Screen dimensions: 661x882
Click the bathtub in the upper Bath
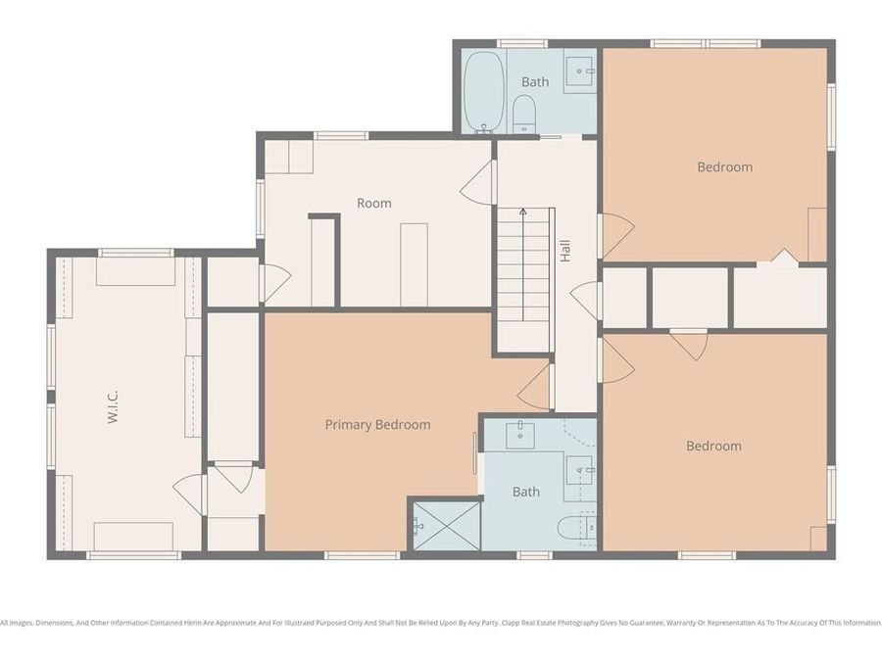click(483, 91)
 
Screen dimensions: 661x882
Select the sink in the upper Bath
click(582, 68)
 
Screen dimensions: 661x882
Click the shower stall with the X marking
click(445, 524)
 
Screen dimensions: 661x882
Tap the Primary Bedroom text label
click(377, 425)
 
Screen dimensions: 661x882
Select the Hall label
click(565, 252)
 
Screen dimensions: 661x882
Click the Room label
click(373, 204)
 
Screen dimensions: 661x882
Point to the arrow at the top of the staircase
click(523, 212)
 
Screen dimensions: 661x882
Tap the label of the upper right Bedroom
click(724, 166)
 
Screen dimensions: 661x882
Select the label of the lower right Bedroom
click(712, 446)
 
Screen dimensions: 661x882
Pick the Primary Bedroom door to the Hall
click(535, 387)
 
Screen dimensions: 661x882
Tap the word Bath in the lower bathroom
click(526, 492)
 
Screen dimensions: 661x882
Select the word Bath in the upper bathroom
click(535, 82)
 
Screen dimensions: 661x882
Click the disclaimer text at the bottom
click(441, 623)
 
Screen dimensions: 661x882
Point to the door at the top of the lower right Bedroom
click(689, 344)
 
